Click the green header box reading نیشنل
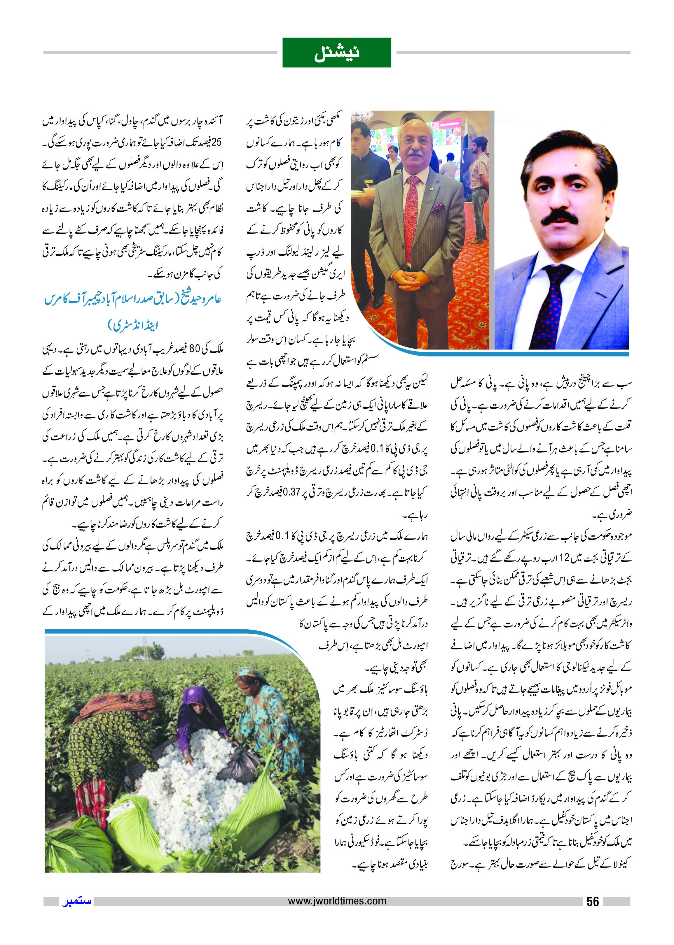click(x=337, y=53)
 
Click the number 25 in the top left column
click(x=216, y=142)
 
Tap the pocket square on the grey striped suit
click(x=436, y=207)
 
